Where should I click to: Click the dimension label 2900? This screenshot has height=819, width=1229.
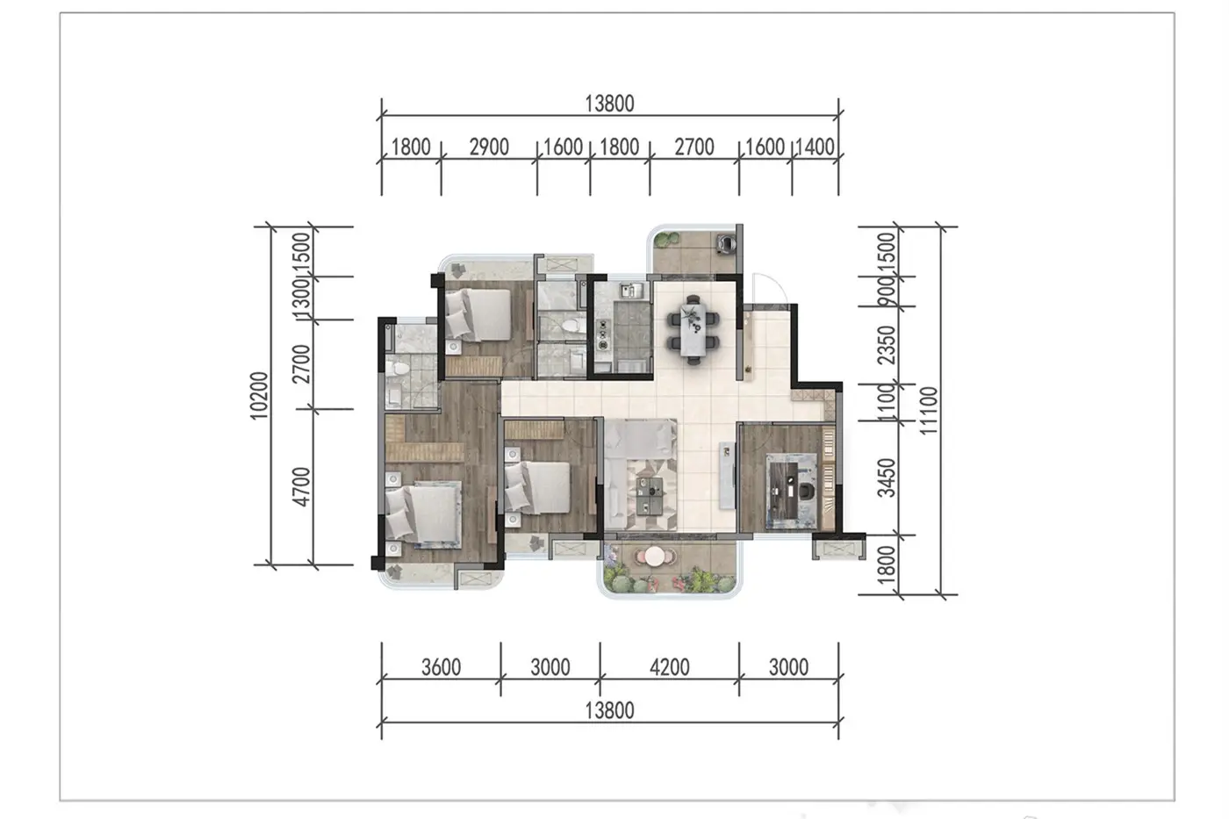pos(489,147)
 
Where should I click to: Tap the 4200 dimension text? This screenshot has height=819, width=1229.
pos(669,668)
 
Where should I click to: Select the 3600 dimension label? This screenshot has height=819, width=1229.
pos(441,668)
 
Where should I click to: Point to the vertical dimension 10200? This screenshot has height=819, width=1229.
pos(259,396)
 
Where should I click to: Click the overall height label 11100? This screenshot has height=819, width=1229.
pos(929,411)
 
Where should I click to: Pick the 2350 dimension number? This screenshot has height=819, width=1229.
pos(886,345)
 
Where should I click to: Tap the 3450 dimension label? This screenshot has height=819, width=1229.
pos(886,478)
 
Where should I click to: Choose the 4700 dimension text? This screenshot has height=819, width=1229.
pos(301,486)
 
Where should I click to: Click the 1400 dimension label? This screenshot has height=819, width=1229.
pos(815,147)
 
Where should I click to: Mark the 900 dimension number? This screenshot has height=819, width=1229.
pos(886,291)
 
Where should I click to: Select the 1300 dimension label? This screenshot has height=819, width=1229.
pos(301,299)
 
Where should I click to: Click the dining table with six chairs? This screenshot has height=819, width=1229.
pos(694,329)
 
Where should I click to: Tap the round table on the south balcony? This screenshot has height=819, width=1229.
pos(655,557)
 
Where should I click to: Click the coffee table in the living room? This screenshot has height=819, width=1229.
pos(650,488)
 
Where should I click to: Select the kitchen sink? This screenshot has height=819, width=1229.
pos(630,291)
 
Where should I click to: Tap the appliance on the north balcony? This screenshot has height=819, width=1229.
pos(725,242)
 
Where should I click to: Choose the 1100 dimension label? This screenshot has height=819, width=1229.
pos(886,403)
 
